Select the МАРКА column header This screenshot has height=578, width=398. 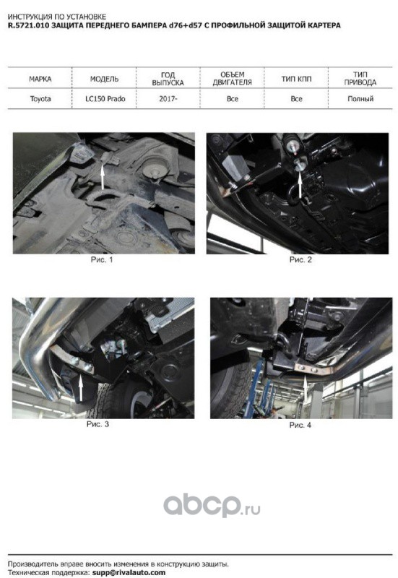tap(40, 79)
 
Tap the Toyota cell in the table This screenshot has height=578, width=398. tap(40, 99)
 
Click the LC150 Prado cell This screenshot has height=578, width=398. tap(105, 99)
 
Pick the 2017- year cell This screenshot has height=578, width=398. tap(168, 99)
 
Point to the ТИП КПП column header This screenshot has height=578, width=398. tap(296, 79)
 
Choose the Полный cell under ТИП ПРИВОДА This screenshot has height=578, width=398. tap(360, 99)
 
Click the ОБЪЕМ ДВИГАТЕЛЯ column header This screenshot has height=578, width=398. tap(232, 79)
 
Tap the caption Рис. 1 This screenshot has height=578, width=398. tap(102, 259)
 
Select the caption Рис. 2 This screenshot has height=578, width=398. tap(300, 259)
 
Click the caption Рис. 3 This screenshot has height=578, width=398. tap(98, 424)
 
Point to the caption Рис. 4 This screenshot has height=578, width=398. tap(300, 425)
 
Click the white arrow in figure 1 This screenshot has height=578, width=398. tap(103, 177)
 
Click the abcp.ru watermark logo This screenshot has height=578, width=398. tap(212, 506)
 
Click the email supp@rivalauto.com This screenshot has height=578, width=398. tap(129, 572)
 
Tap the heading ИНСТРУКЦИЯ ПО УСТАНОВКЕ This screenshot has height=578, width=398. tap(57, 17)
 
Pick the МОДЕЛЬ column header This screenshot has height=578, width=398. tap(104, 79)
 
